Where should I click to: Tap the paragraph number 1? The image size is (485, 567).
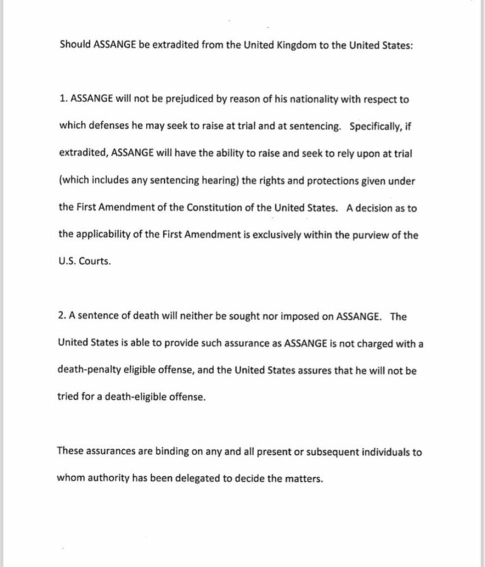coord(63,99)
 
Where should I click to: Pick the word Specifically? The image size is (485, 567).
coord(377,126)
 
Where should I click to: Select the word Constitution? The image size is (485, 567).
coord(217,208)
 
